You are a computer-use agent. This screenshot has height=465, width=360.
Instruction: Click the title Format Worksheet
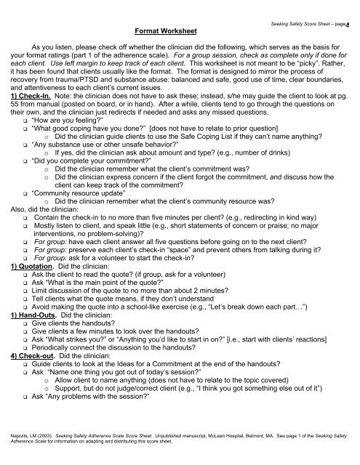161,33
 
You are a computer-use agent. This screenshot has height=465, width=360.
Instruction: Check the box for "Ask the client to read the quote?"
25,296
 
